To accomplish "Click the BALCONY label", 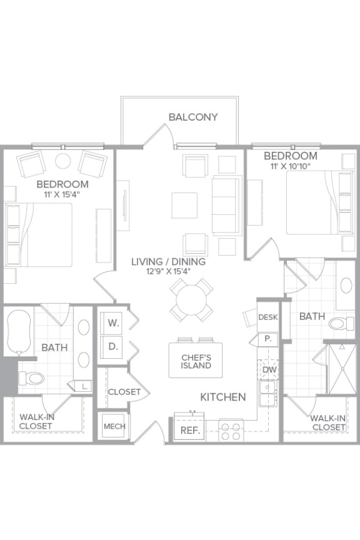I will tap(193, 117).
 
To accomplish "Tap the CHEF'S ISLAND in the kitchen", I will tap(196, 361).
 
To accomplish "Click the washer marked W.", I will tap(113, 323).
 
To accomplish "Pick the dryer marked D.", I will tap(113, 346).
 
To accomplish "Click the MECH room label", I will tap(114, 426).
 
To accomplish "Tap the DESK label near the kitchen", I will tap(267, 317).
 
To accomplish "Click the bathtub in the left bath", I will tap(18, 332).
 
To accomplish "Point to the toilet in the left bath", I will tap(31, 377).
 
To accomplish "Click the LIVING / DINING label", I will tap(168, 261).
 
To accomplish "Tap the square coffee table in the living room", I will tap(185, 205).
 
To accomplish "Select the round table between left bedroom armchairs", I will tap(63, 161).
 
